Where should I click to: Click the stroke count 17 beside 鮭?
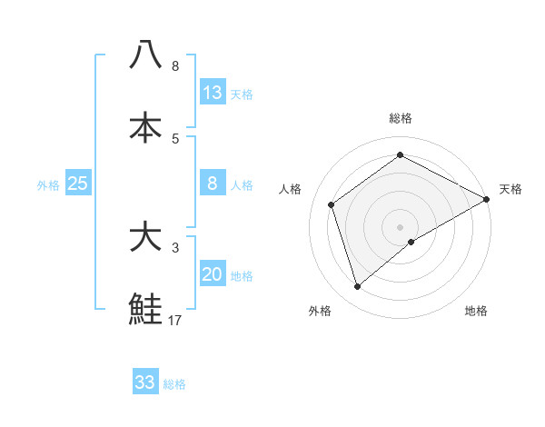coord(175,320)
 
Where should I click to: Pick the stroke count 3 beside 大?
coord(175,247)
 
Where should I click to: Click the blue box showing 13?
coord(213,93)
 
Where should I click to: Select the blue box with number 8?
coord(213,184)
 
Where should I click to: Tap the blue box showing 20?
coord(213,274)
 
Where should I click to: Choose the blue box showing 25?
coord(78,184)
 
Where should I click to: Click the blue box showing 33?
coord(145,382)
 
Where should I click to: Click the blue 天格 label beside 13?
coord(242,94)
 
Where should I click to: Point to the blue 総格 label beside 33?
coord(174,384)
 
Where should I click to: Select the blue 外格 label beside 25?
coord(48,185)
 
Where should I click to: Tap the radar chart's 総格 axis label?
coord(401,118)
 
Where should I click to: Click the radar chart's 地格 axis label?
coord(476,312)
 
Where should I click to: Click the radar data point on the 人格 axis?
coord(332,204)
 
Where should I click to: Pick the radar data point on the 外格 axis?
coord(358,287)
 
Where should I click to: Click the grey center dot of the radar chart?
coord(401,226)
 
